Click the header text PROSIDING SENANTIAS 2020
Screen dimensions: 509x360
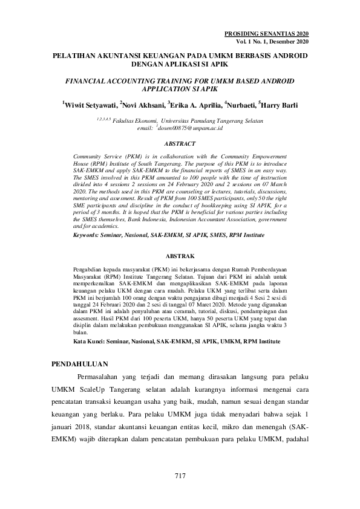click(x=267, y=34)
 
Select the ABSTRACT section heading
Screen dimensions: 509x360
click(x=180, y=144)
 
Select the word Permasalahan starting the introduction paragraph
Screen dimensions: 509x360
click(x=100, y=378)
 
